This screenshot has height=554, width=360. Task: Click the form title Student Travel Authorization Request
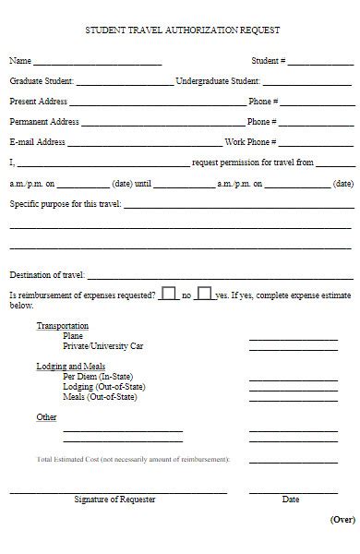pos(182,30)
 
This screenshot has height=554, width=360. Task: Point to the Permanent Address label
pos(44,122)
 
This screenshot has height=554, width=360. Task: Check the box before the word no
pos(169,293)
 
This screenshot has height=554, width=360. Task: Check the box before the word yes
pos(204,293)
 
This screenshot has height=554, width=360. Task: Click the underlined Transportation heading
pos(63,326)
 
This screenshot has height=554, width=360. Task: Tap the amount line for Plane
pos(280,339)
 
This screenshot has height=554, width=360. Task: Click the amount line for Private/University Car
pos(280,349)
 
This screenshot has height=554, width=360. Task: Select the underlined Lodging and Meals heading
pos(70,367)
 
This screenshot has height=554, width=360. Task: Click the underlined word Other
pos(46,417)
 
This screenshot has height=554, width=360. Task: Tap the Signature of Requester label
pos(114,500)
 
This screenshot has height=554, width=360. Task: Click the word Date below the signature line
pos(291,500)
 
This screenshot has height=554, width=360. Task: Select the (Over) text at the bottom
pos(342,520)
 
